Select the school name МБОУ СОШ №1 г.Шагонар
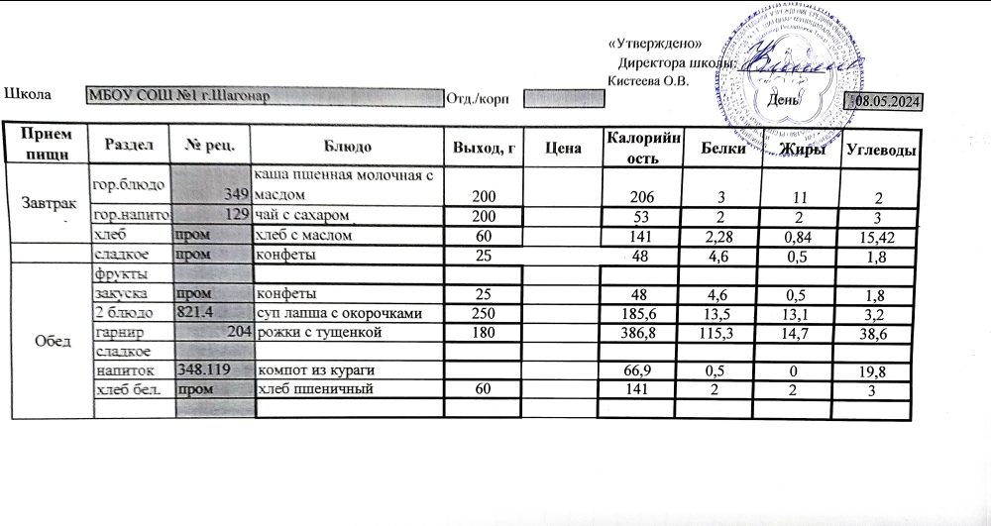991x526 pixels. tap(178, 96)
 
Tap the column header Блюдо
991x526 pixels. tap(346, 147)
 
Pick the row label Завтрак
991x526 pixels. tap(46, 202)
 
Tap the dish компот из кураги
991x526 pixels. tap(317, 370)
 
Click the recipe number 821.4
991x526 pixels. tap(195, 313)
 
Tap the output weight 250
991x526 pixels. tap(484, 313)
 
